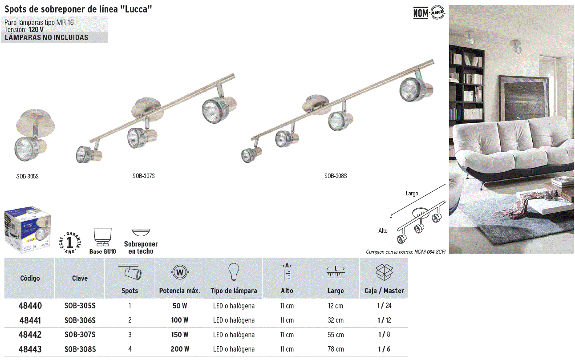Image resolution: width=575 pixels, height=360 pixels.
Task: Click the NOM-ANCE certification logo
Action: pyautogui.click(x=429, y=12)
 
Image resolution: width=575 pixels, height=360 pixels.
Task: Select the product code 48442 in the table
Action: pyautogui.click(x=30, y=335)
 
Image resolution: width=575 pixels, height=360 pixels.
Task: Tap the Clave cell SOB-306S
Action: pyautogui.click(x=80, y=320)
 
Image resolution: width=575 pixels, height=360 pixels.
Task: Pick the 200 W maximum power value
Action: pyautogui.click(x=180, y=349)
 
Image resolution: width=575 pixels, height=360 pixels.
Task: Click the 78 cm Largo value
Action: pyautogui.click(x=336, y=349)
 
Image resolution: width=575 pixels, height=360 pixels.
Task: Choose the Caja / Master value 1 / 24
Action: pyautogui.click(x=384, y=306)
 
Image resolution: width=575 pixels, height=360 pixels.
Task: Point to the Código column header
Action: pyautogui.click(x=30, y=278)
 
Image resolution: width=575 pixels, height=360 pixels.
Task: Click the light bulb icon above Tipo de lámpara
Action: pyautogui.click(x=234, y=272)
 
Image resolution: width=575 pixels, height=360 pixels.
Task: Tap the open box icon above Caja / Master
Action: pyautogui.click(x=384, y=272)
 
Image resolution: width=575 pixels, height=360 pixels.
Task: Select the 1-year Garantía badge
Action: pyautogui.click(x=69, y=243)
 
